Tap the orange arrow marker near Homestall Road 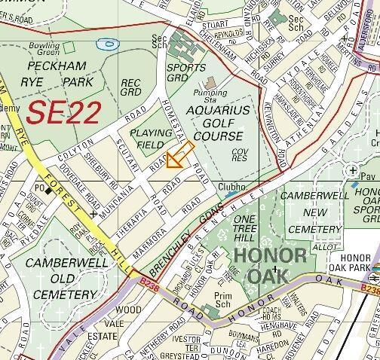[x=176, y=157]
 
